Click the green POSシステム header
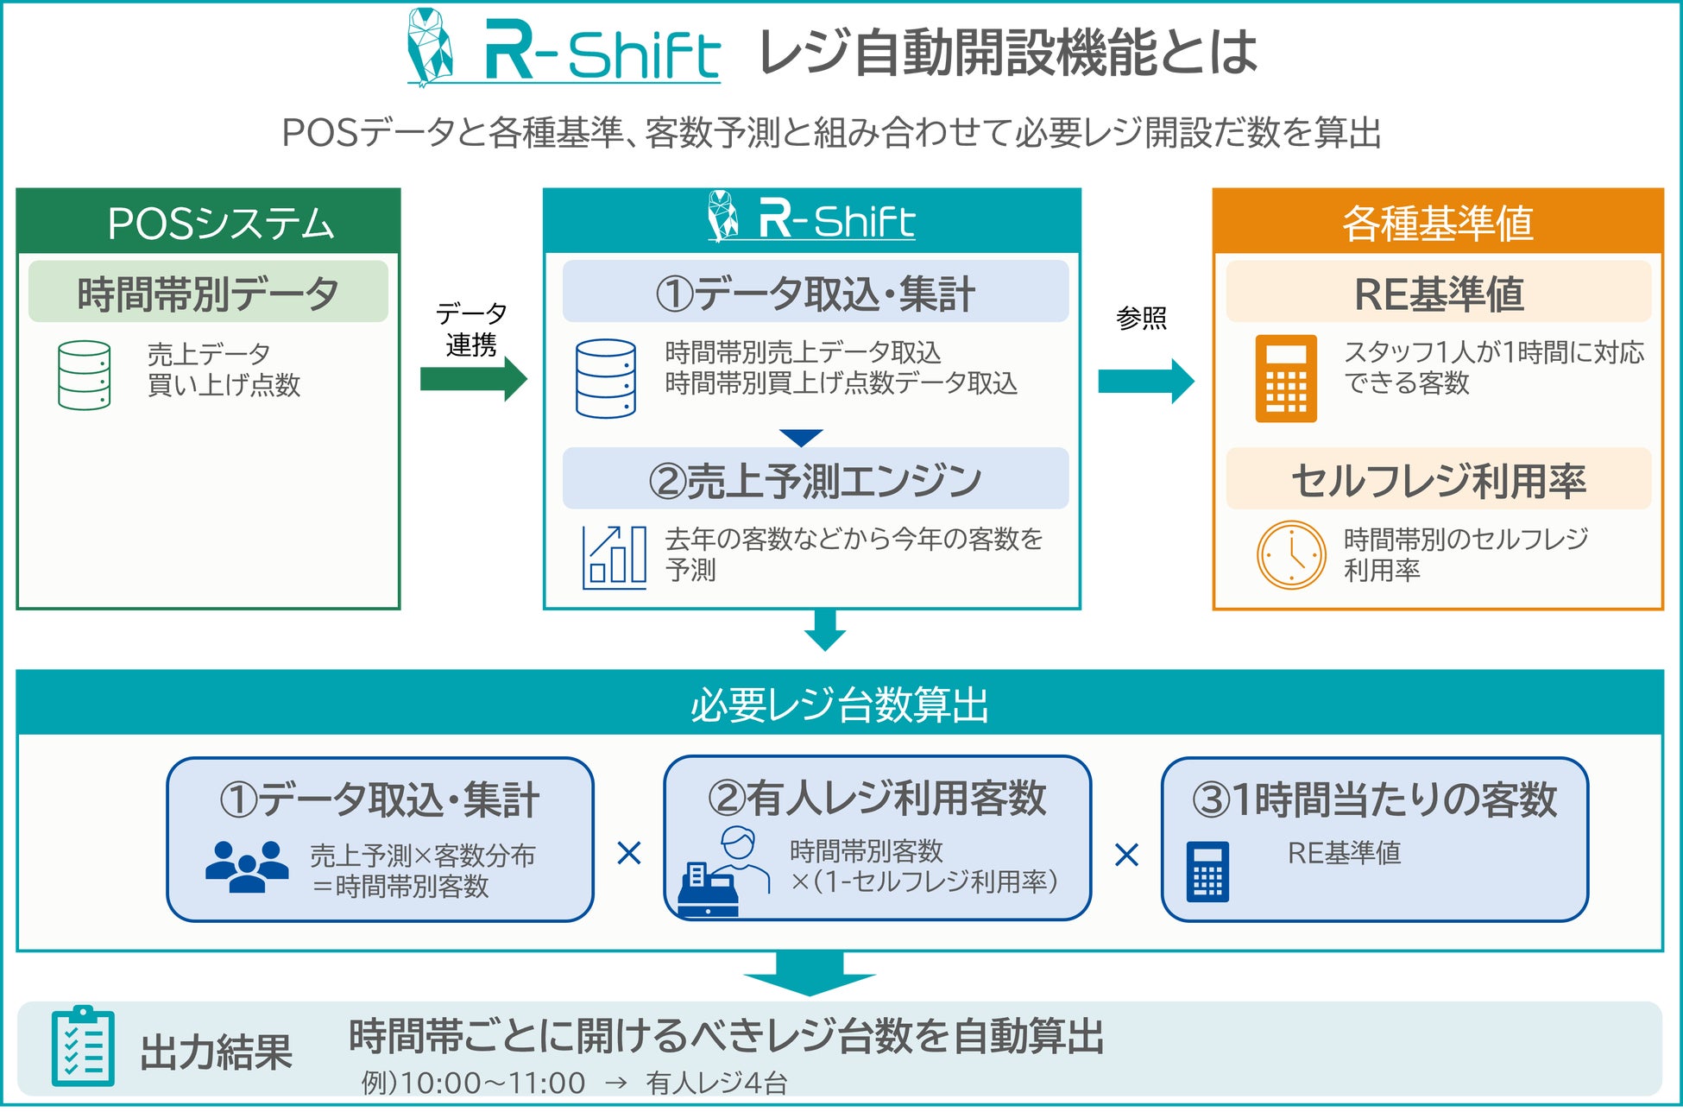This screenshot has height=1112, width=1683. coord(208,221)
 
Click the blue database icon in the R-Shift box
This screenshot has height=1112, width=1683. coord(606,379)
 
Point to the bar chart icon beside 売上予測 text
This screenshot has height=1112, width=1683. coord(615,558)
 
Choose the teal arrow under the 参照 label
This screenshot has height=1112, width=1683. coord(1146,381)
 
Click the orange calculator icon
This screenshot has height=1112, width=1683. coord(1286,378)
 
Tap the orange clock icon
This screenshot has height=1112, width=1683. coord(1291,555)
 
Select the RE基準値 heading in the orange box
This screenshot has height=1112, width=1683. coord(1439,294)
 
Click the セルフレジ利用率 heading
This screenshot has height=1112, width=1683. coord(1439,481)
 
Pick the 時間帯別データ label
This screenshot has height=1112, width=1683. coord(208,294)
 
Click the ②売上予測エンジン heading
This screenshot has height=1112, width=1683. coord(816,481)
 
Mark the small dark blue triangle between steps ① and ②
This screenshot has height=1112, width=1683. coord(801,438)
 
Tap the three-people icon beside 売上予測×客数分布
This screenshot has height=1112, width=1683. coord(248,867)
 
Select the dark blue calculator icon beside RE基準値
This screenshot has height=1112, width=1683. coord(1208,871)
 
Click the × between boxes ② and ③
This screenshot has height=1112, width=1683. coord(1127,855)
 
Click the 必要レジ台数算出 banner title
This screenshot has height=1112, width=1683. coord(840,704)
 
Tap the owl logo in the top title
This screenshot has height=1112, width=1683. coord(431,47)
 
